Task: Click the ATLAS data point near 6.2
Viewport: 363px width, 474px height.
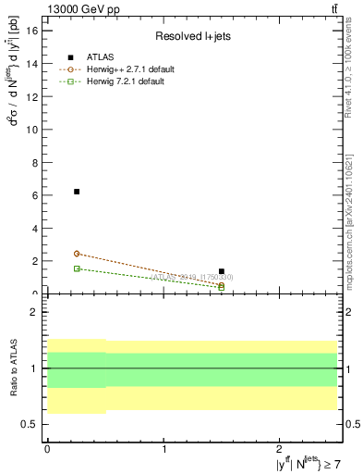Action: pos(77,192)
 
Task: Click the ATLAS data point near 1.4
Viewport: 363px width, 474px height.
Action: pos(222,271)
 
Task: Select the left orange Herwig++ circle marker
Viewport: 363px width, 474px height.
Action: pos(77,254)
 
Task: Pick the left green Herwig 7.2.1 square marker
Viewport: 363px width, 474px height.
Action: pos(77,268)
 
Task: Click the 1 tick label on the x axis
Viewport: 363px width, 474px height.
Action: pos(164,448)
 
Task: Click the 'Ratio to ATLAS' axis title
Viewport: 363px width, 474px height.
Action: pos(12,368)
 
